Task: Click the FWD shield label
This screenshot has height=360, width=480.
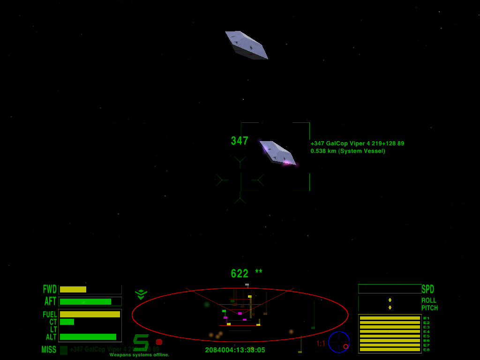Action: pos(50,289)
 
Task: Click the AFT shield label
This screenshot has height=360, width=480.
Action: pos(50,301)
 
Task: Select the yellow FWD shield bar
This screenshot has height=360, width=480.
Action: pos(73,290)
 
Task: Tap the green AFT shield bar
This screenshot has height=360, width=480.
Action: pos(85,302)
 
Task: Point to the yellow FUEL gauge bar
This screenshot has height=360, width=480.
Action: pos(90,315)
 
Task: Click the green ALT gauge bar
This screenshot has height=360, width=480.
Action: pos(88,337)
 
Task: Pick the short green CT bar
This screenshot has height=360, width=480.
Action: pos(67,322)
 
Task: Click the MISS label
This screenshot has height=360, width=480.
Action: pos(49,350)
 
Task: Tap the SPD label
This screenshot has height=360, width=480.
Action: pos(428,289)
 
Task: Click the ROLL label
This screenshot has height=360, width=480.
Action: pos(429,300)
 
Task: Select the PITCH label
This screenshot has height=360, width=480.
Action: pos(429,308)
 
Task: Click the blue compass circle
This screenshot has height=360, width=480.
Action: pos(338,342)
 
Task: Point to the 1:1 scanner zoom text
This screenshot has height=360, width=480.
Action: pos(321,344)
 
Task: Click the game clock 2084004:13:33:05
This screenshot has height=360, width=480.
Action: pos(235,350)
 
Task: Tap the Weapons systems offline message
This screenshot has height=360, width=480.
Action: pos(139,355)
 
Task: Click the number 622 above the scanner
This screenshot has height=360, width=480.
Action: pos(240,274)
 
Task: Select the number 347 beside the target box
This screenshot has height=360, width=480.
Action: pos(240,141)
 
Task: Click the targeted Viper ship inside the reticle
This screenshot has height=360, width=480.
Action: pos(277,153)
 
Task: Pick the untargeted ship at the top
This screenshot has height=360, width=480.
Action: pos(246,45)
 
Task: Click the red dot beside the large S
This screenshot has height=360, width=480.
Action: pos(159,342)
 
